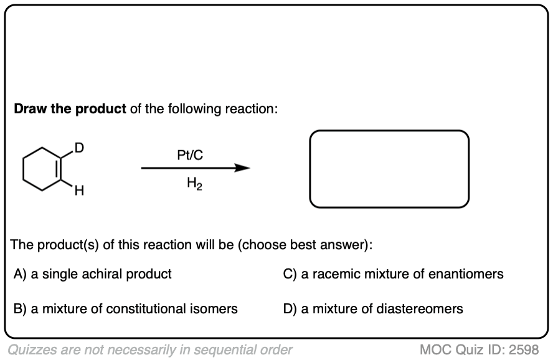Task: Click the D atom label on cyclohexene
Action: click(x=78, y=148)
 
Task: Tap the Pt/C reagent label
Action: click(x=190, y=154)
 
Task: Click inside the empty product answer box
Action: click(x=389, y=169)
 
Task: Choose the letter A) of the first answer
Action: click(x=20, y=274)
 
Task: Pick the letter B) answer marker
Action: click(x=20, y=309)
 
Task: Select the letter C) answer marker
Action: click(x=290, y=274)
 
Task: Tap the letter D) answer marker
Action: click(x=290, y=309)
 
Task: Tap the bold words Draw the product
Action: click(x=70, y=109)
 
